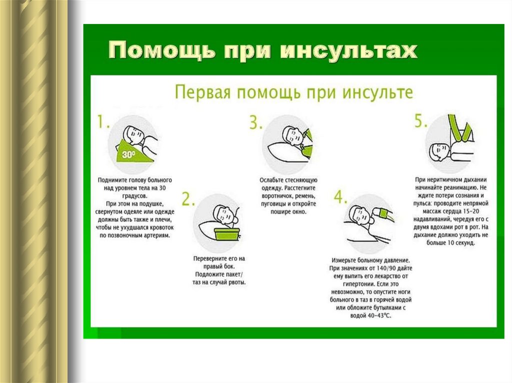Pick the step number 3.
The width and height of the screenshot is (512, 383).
point(255,122)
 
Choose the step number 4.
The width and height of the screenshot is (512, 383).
point(340,197)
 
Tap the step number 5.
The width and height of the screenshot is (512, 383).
point(420,121)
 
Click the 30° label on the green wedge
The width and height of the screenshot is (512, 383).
point(128,154)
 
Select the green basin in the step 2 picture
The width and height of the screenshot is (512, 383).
point(227,234)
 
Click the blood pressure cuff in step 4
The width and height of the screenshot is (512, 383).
point(384,213)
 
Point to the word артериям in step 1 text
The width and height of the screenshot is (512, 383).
point(157,235)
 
